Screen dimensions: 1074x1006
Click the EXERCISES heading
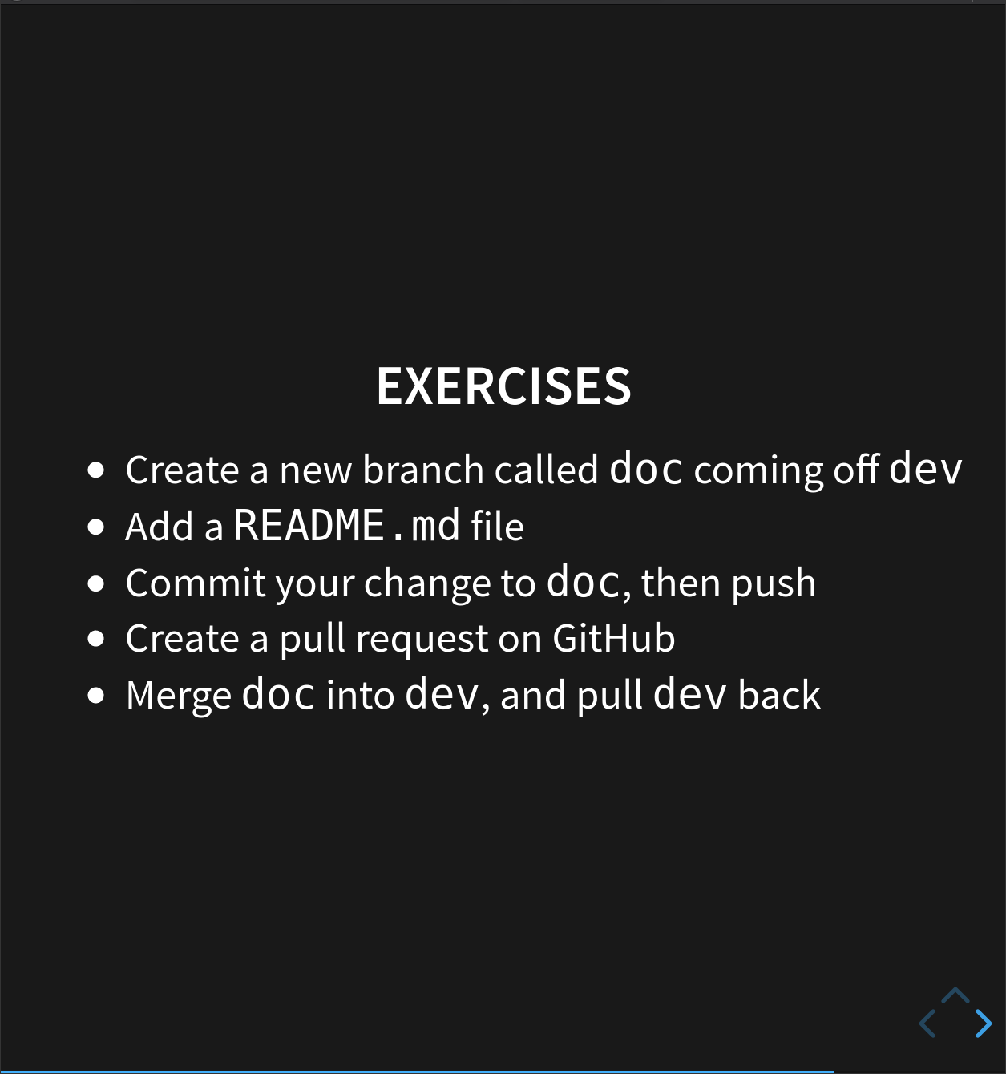[503, 386]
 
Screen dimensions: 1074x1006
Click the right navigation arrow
[984, 1024]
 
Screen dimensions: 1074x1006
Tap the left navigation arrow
[927, 1024]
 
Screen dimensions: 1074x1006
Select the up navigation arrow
[955, 996]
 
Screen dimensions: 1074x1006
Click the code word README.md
[346, 526]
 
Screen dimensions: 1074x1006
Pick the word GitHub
[613, 639]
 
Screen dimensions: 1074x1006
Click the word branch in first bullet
[422, 470]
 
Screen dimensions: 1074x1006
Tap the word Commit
[195, 583]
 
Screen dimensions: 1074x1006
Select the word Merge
[178, 696]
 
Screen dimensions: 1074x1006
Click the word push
[774, 583]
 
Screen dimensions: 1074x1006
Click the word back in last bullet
[779, 695]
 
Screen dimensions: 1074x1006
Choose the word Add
[160, 527]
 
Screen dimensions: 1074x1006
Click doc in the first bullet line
[646, 469]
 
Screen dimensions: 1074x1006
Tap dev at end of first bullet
[925, 469]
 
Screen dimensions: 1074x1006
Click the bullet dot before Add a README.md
[96, 527]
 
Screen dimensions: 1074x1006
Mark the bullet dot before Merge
[96, 695]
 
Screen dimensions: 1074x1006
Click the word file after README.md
[497, 527]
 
